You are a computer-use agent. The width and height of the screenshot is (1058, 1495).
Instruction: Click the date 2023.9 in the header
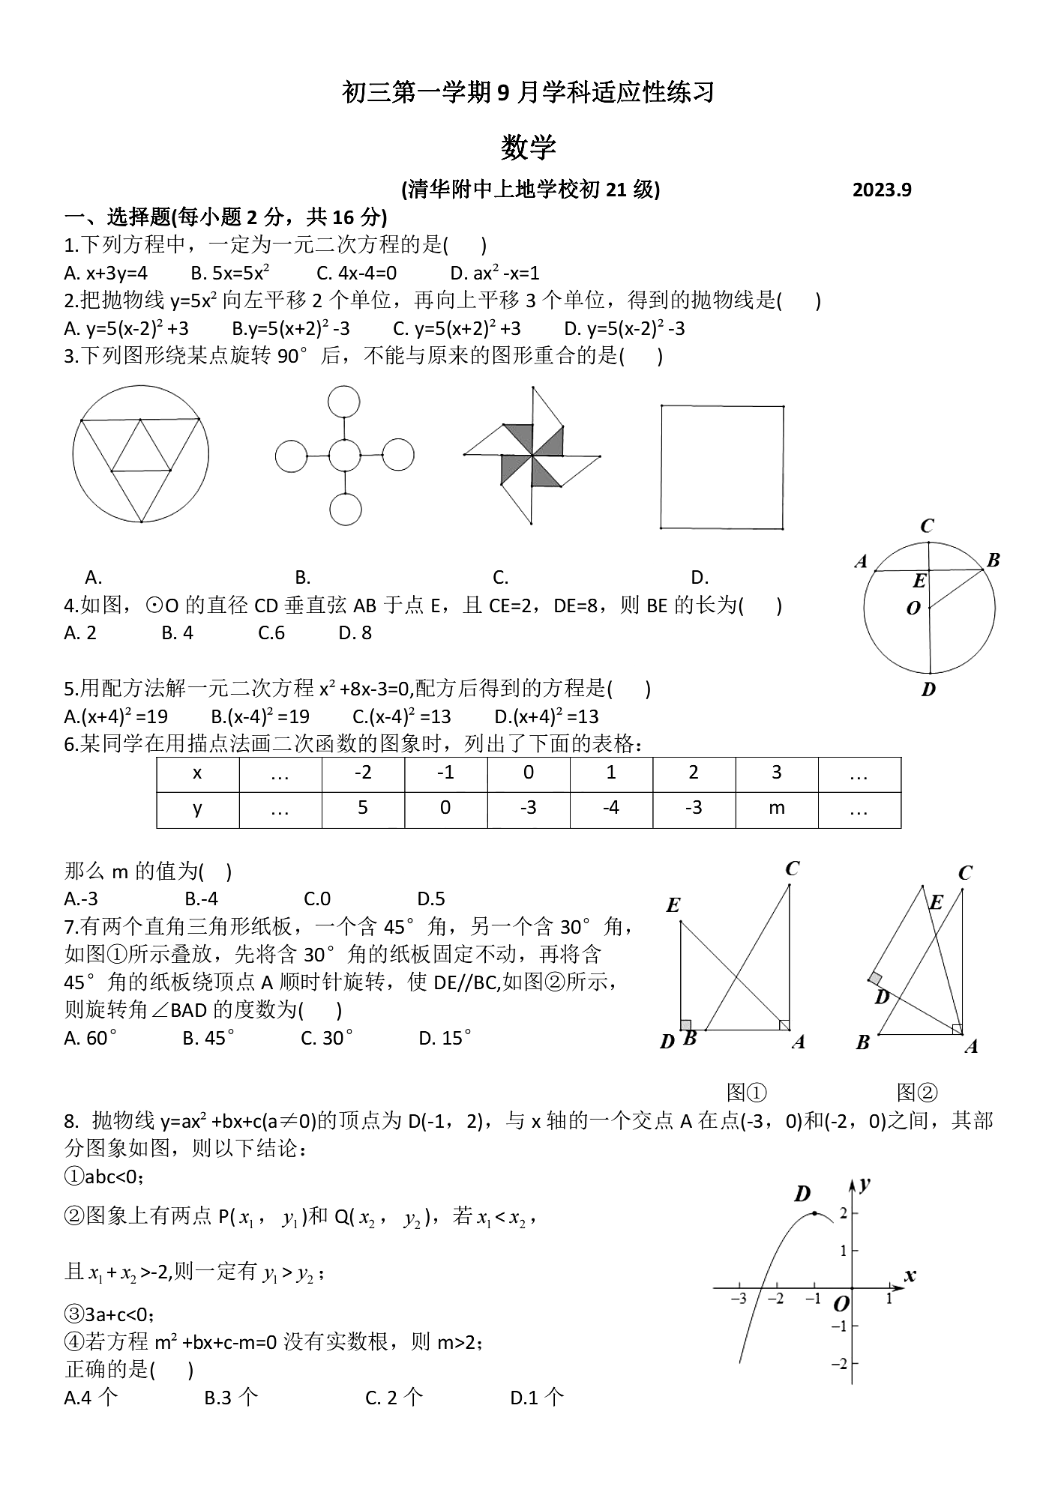tap(881, 190)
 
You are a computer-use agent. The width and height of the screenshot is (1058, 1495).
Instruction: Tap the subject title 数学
tap(529, 147)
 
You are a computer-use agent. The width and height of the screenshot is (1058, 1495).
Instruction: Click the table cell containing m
tap(776, 808)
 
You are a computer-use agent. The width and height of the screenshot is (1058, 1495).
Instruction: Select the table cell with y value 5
tap(363, 808)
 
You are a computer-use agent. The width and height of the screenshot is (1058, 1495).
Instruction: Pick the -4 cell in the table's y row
tap(611, 808)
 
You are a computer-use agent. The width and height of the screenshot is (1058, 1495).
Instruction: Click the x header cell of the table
tap(197, 773)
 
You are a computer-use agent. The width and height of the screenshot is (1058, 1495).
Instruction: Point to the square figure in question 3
tap(721, 467)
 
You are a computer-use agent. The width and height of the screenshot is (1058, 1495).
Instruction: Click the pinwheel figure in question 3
tap(532, 455)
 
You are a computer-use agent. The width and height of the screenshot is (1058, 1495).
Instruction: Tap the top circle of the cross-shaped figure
tap(344, 401)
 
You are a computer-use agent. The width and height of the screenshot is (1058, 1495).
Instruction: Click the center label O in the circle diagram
tap(913, 608)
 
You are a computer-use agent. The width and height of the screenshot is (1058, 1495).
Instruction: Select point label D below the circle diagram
tap(928, 689)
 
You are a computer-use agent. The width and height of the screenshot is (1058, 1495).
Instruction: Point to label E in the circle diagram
tap(919, 581)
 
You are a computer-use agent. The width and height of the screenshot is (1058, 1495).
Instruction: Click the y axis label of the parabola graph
tap(865, 1183)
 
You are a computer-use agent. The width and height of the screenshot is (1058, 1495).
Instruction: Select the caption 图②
tap(916, 1092)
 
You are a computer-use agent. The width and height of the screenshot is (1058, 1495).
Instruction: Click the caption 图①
tap(746, 1092)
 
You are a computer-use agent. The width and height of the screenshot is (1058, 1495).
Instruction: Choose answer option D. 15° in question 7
tap(445, 1038)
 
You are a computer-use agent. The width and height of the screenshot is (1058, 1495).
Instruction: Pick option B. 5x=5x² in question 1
tap(230, 273)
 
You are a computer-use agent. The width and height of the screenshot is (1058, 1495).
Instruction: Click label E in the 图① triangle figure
tap(673, 905)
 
